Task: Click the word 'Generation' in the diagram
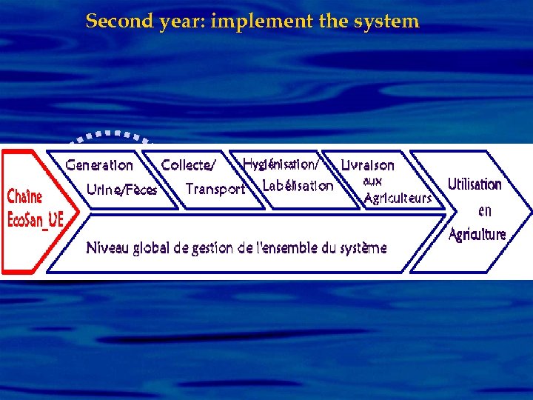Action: [99, 165]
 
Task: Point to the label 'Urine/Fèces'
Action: [121, 190]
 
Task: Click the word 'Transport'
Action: [215, 190]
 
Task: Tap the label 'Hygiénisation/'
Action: [281, 163]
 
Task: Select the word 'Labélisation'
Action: [298, 186]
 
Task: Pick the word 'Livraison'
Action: [367, 165]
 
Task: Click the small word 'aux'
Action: [372, 181]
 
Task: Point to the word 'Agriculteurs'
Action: [398, 198]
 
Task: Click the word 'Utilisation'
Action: [475, 184]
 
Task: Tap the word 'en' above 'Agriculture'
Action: [484, 210]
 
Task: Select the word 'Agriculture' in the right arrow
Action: [477, 234]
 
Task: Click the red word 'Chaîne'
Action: [24, 197]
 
